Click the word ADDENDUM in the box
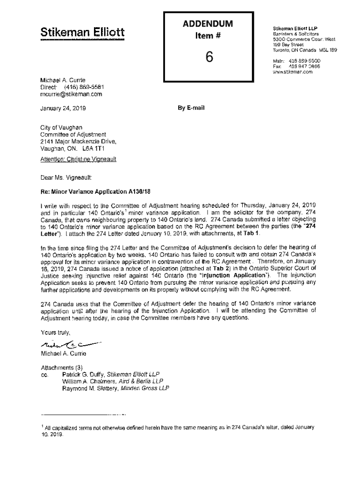point(209,24)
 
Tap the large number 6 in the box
point(209,56)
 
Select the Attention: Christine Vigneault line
point(78,159)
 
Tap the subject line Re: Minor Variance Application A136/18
point(97,192)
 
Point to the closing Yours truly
point(56,334)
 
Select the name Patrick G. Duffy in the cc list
point(83,374)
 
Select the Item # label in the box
point(209,36)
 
